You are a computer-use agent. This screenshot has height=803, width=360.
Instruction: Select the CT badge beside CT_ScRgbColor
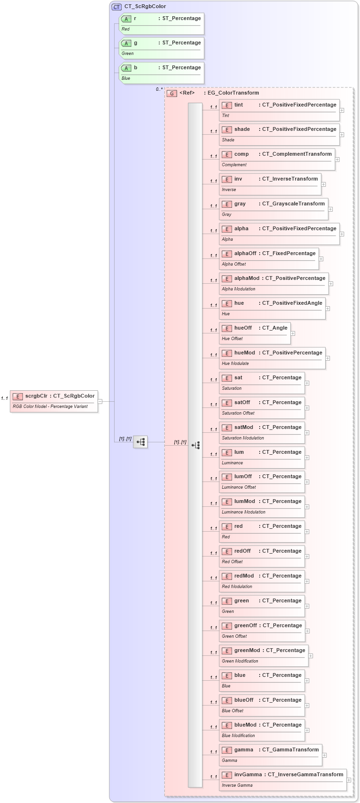pos(116,7)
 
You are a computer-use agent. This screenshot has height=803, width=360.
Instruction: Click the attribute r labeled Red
pos(161,23)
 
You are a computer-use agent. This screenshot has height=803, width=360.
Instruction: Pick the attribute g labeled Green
pos(161,48)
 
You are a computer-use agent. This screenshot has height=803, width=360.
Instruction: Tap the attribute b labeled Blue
pos(161,73)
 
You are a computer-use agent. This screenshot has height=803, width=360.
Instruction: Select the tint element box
pos(279,110)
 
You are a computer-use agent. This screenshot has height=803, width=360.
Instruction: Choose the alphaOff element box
pos(268,258)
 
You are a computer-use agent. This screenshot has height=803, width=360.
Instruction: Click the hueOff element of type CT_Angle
pos(254,333)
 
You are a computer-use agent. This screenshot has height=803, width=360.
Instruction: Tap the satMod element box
pos(262,432)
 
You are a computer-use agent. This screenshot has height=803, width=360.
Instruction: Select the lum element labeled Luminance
pos(262,457)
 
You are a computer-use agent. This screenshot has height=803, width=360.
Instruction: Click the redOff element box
pos(262,556)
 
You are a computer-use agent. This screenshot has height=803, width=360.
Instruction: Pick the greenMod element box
pos(263,655)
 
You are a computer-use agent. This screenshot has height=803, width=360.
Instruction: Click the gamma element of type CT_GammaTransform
pos(270,755)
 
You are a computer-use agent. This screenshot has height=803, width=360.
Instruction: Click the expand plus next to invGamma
pos(349,780)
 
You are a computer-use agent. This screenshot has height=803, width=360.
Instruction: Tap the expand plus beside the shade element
pos(342,135)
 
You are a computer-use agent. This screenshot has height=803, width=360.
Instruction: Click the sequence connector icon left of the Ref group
pos(140,442)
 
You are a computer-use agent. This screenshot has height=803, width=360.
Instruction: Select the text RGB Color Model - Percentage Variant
pos(50,407)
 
